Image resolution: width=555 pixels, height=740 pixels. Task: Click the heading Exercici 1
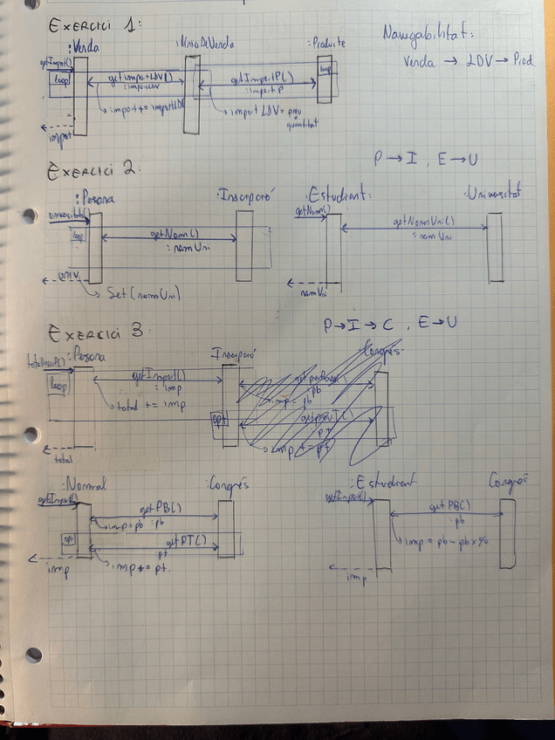coord(92,27)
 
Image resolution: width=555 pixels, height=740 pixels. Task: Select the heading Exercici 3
coord(99,332)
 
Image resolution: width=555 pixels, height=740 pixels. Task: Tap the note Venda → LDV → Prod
coord(468,62)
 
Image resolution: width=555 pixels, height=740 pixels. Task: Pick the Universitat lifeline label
coord(493,193)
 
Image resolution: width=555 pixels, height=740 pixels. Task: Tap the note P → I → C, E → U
coord(390,325)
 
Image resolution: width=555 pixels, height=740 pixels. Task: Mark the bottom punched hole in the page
coord(34,654)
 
